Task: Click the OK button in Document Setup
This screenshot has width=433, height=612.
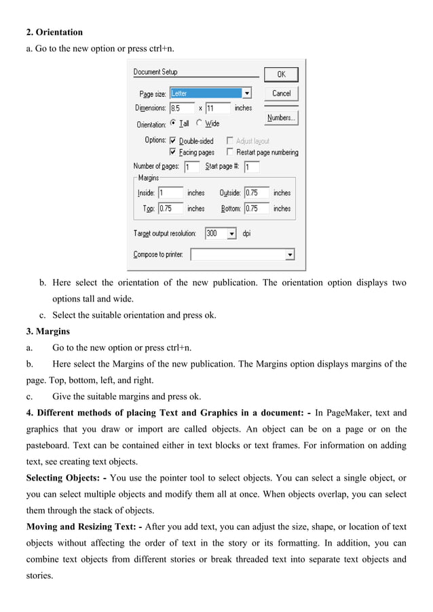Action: (x=281, y=74)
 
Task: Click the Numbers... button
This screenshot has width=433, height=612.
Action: (x=281, y=118)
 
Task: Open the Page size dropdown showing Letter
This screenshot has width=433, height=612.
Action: (x=247, y=94)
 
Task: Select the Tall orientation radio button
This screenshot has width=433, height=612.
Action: (x=173, y=123)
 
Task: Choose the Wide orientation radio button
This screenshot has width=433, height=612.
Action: (x=199, y=123)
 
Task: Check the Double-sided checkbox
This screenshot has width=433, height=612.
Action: (x=173, y=141)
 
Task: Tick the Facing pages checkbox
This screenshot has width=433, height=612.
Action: (x=173, y=152)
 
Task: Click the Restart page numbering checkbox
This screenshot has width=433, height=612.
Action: (x=231, y=152)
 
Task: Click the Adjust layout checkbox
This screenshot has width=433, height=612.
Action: (x=231, y=141)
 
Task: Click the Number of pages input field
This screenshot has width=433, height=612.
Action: (x=191, y=167)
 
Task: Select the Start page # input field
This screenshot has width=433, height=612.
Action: (x=251, y=167)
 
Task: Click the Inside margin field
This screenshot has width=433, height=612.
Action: (x=170, y=193)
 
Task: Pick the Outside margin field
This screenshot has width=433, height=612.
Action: (x=256, y=193)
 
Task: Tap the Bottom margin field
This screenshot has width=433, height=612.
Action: (x=256, y=209)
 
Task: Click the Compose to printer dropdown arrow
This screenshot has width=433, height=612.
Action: (x=290, y=255)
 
